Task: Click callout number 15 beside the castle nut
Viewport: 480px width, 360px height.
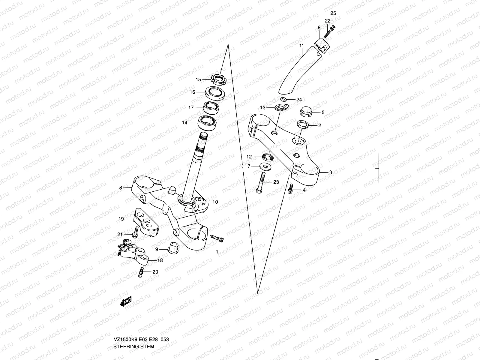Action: point(198,79)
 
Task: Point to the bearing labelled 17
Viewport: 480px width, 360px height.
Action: point(211,107)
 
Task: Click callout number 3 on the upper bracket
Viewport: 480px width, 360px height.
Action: point(331,172)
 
